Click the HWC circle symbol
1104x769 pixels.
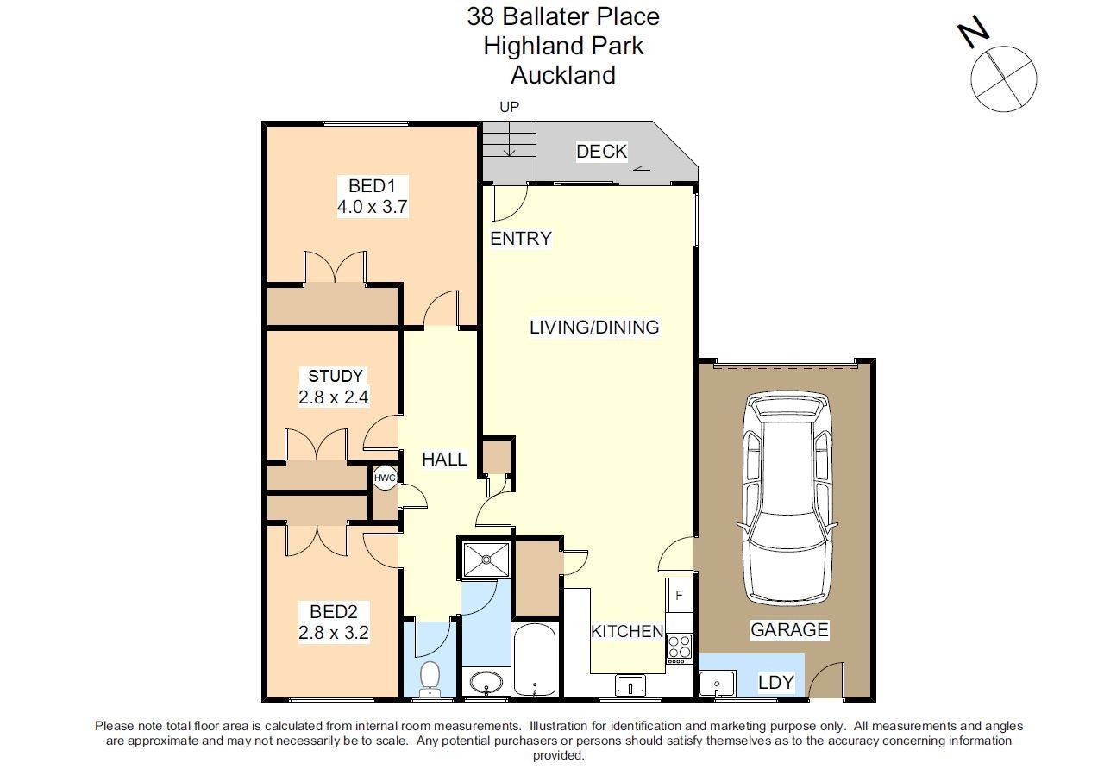coord(385,478)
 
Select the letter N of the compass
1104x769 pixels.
coord(974,34)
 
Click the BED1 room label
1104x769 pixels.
coord(372,185)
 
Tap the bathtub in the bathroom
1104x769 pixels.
coord(536,660)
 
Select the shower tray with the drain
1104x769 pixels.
coord(486,560)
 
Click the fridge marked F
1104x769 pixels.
coord(679,595)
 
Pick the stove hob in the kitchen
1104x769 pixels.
coord(679,647)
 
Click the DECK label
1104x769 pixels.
coord(601,152)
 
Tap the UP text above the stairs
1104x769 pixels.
coord(510,108)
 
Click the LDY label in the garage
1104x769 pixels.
coord(776,683)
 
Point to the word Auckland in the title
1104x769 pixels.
coord(563,75)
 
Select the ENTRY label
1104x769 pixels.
coord(520,239)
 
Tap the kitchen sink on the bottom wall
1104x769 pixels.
coord(630,686)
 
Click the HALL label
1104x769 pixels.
coord(444,460)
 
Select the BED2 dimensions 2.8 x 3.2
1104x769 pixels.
coord(334,633)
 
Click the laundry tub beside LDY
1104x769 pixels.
coord(716,685)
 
